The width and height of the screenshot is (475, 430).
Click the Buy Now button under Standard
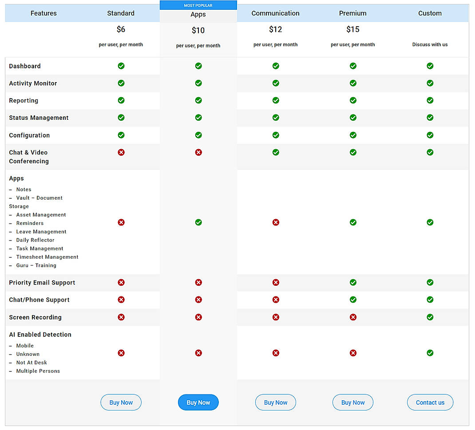121,402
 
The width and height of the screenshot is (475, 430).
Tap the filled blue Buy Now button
198,402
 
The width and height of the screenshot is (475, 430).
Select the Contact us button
430,402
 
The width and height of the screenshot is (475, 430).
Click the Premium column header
352,13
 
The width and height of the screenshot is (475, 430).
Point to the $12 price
275,29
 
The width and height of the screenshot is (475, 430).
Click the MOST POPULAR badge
198,5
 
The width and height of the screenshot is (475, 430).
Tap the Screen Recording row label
35,317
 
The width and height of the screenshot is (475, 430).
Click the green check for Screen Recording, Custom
430,317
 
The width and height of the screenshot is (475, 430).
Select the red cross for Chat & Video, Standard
121,152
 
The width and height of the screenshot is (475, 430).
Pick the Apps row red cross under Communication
276,222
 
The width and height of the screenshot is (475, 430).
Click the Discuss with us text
430,44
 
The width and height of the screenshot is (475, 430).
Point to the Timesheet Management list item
47,257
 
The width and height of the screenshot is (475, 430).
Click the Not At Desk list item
32,363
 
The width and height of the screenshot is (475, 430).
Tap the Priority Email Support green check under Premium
353,282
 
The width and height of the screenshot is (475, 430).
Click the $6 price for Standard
121,29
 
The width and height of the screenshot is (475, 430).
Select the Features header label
44,13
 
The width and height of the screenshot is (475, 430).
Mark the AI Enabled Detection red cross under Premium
353,353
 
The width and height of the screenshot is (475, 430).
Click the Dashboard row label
25,66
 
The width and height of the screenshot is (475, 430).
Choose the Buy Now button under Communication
275,402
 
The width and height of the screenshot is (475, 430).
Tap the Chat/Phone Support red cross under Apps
198,300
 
